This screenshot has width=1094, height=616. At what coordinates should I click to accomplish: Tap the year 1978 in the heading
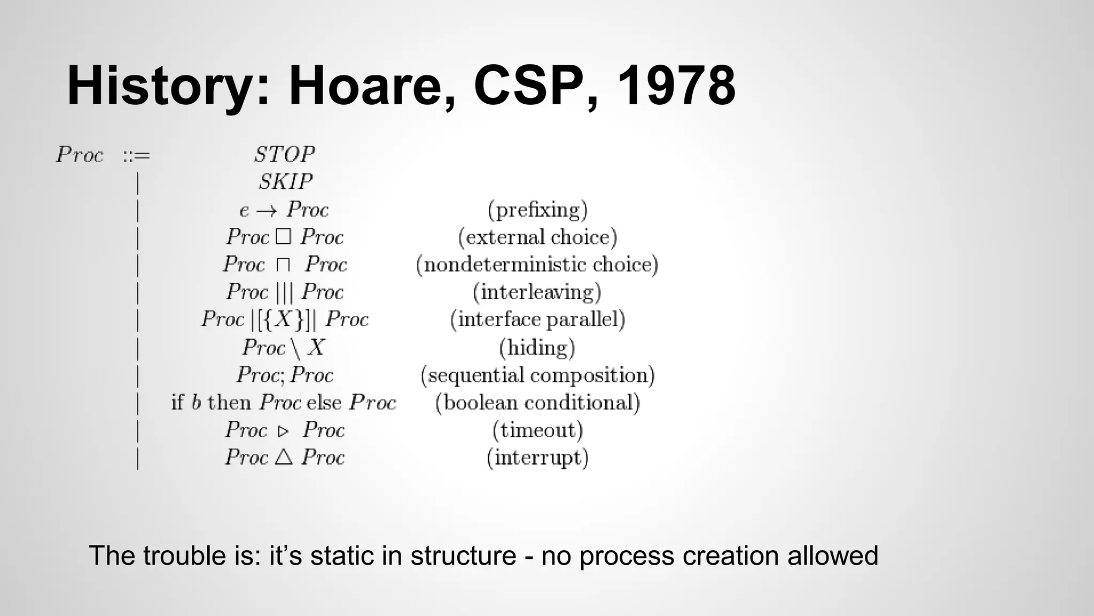coord(676,86)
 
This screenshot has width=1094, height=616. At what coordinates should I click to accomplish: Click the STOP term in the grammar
coord(284,155)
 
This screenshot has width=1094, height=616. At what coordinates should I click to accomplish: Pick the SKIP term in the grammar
coord(285,182)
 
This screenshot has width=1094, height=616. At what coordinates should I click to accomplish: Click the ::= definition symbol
coord(136,156)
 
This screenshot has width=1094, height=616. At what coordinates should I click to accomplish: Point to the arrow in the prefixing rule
coord(266,211)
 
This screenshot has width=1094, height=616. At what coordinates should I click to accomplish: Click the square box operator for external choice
coord(283,237)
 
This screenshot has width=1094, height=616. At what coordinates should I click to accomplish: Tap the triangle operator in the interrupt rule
coord(284,457)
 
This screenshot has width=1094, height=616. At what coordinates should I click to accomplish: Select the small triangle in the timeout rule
coord(283,430)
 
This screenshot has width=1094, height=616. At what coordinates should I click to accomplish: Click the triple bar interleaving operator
coord(285,292)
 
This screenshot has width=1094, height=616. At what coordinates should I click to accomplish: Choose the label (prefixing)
coord(537,210)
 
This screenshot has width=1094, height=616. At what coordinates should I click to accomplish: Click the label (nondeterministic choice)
coord(537,265)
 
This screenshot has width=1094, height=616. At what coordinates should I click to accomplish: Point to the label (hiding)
coord(537,348)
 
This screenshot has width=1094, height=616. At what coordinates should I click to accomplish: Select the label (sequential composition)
coord(537,375)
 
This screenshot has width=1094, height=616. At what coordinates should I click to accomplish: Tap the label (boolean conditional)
coord(537,403)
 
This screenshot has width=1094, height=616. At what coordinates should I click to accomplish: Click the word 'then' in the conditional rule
coord(229,402)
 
